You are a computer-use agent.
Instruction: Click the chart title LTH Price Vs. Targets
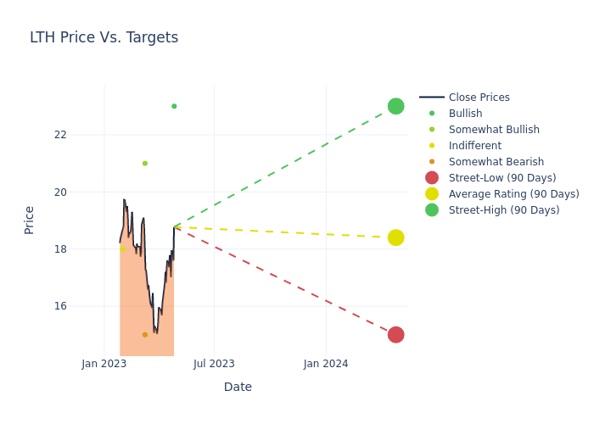click(104, 37)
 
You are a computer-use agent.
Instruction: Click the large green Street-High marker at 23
click(395, 106)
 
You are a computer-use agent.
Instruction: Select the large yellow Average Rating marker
click(395, 237)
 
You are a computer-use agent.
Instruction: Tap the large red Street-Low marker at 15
click(395, 335)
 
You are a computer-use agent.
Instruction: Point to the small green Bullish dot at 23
click(174, 106)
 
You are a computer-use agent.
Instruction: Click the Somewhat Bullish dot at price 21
click(145, 164)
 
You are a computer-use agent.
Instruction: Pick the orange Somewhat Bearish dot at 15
click(145, 335)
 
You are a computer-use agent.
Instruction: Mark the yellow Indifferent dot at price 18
click(122, 249)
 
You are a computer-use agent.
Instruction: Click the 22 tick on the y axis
click(83, 135)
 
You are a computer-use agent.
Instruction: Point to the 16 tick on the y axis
click(83, 306)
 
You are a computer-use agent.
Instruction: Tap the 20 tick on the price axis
click(83, 192)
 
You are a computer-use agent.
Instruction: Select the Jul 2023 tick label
click(214, 364)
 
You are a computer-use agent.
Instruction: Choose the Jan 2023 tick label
click(104, 364)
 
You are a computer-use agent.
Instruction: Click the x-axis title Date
click(238, 388)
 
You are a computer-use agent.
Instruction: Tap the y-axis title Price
click(30, 220)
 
